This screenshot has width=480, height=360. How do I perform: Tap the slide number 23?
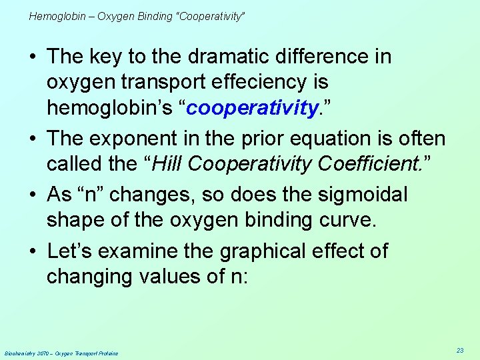click(x=460, y=350)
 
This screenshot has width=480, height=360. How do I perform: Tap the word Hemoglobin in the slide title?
click(x=57, y=16)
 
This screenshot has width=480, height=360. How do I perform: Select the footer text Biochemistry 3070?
click(x=27, y=353)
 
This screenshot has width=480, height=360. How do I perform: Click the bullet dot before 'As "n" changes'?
click(x=35, y=195)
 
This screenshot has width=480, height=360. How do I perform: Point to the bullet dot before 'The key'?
click(x=35, y=57)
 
